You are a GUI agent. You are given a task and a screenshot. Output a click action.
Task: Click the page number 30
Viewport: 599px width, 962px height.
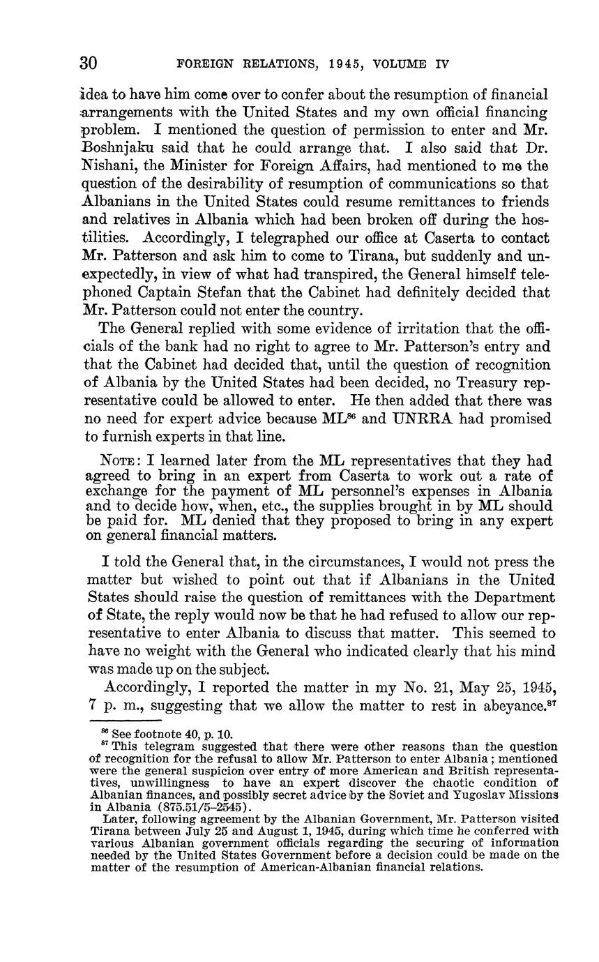pos(88,63)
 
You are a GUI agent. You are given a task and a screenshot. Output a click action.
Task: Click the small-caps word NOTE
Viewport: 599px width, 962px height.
pos(123,460)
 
